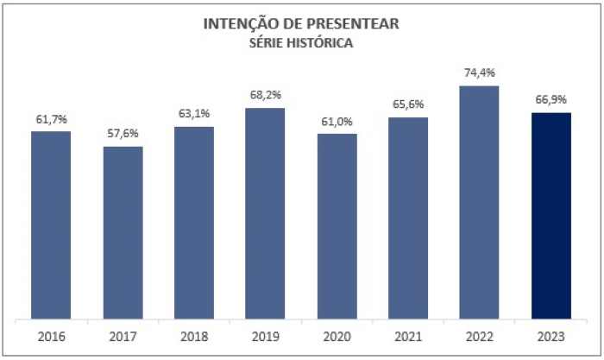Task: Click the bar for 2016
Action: click(51, 224)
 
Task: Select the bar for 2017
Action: click(123, 232)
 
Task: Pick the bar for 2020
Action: click(337, 226)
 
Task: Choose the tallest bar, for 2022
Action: click(480, 202)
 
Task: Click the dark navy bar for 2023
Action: click(551, 216)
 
